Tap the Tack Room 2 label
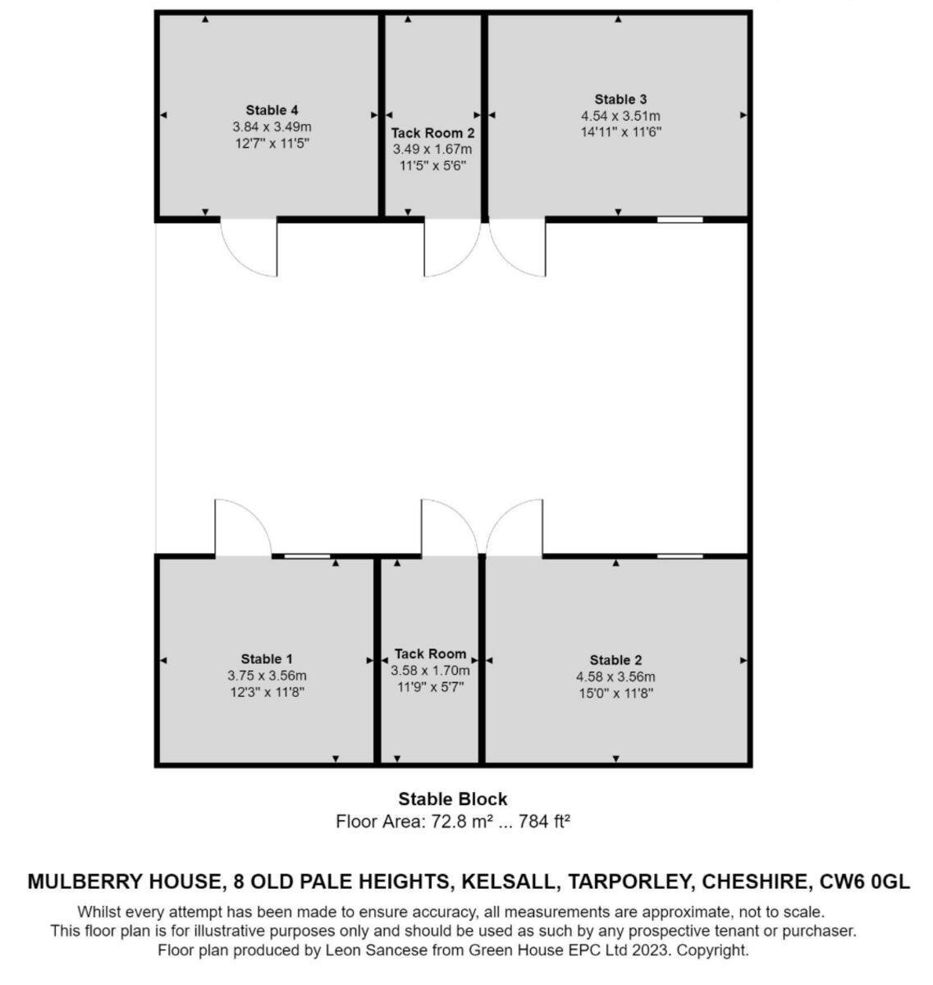point(432,132)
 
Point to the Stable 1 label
point(267,658)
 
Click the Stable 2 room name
point(615,660)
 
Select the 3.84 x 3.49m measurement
point(272,127)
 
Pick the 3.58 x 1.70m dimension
point(430,671)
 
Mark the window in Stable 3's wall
point(680,219)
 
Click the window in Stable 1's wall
point(307,557)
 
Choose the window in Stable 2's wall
point(680,557)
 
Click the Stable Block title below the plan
point(453,799)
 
